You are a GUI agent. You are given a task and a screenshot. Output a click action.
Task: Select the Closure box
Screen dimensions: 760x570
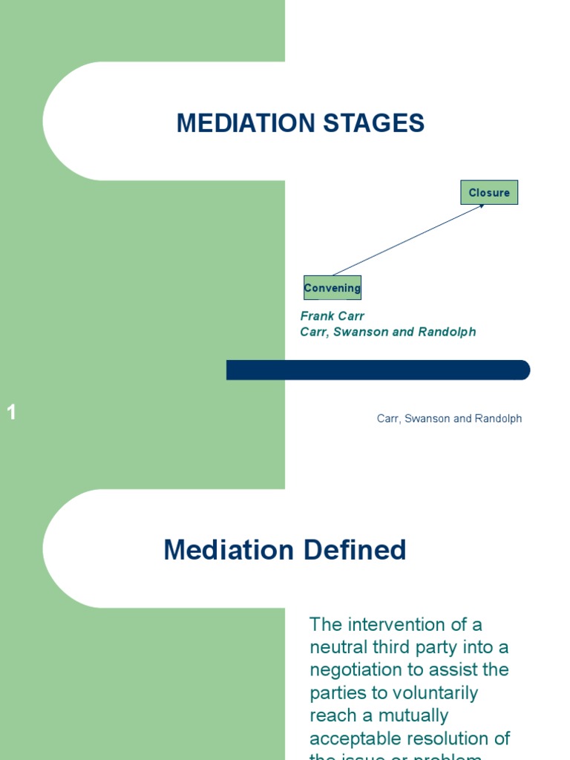[x=489, y=193]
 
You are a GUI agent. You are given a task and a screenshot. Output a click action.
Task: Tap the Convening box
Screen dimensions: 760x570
[x=332, y=288]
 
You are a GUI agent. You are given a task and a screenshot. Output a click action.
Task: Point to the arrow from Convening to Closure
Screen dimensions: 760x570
[x=408, y=240]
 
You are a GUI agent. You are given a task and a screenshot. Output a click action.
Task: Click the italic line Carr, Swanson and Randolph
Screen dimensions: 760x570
[x=387, y=332]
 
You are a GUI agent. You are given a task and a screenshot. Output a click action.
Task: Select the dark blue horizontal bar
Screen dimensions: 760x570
[x=378, y=370]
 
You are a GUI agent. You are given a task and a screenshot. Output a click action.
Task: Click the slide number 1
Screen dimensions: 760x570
[x=12, y=413]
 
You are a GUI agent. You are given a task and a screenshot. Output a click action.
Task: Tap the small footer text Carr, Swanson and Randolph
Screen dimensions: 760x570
[x=449, y=419]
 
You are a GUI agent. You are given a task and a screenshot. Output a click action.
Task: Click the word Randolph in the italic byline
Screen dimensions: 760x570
[x=448, y=332]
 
